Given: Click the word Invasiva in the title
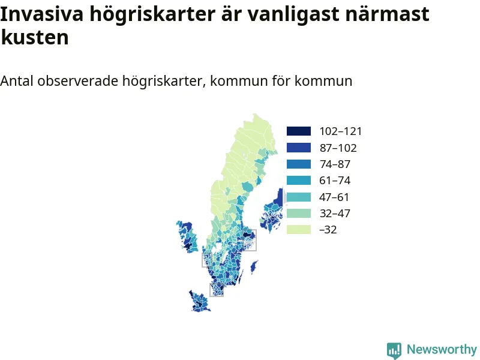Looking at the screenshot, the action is (x=41, y=14).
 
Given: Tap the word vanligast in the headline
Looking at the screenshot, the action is (x=293, y=14).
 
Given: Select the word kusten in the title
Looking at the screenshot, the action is (x=35, y=38).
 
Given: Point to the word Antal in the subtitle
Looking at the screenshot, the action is (x=17, y=81).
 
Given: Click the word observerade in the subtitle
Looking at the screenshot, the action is (x=78, y=81).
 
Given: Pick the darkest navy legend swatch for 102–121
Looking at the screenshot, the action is (x=299, y=131).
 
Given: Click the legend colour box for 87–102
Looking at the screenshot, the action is (x=299, y=148).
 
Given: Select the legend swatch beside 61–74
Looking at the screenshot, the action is (x=299, y=181).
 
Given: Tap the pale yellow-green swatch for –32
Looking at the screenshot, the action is (x=299, y=230).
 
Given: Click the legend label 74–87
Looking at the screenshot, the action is (x=335, y=164).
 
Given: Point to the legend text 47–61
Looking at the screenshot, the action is (x=334, y=197).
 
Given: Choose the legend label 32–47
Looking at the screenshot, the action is (x=335, y=214).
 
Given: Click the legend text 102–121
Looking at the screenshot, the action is (x=341, y=131).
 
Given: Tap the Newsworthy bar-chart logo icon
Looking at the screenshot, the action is (x=394, y=350).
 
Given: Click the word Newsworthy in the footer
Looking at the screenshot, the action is (x=442, y=349).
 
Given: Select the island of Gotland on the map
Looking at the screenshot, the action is (x=254, y=267).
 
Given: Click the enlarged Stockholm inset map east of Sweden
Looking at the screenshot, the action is (x=272, y=211).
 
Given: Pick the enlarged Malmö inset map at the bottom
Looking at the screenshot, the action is (x=199, y=302).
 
